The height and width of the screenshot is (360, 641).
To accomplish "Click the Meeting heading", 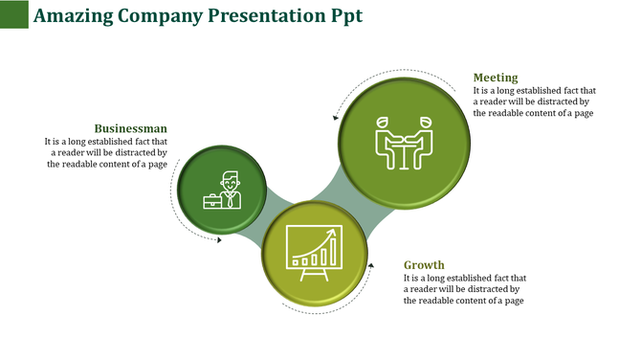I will point(496,78).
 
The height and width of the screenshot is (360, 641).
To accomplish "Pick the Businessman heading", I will point(131,128).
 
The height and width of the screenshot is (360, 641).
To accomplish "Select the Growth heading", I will point(424,265).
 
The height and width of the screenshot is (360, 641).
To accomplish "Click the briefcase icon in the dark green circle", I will point(212,201).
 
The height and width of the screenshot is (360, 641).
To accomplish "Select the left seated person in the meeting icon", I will point(387,139).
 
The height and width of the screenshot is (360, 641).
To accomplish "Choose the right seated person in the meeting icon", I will point(425,139).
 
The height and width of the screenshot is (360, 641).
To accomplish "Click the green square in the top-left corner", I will point(13,13).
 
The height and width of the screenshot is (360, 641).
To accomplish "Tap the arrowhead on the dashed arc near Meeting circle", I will point(336,118).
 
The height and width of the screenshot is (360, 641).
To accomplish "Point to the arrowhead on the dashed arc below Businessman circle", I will point(219,239).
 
